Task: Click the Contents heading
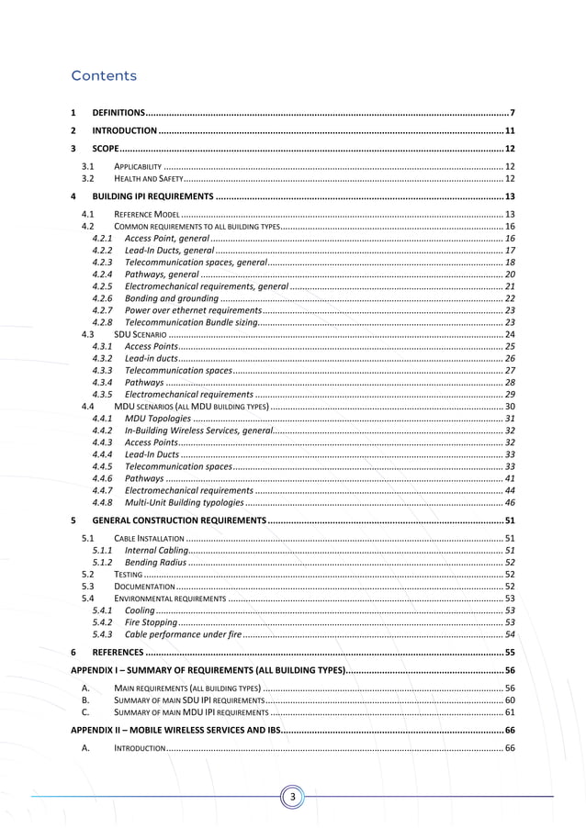pyautogui.click(x=104, y=75)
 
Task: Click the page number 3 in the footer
pyautogui.click(x=293, y=796)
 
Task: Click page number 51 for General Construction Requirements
pyautogui.click(x=509, y=520)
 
